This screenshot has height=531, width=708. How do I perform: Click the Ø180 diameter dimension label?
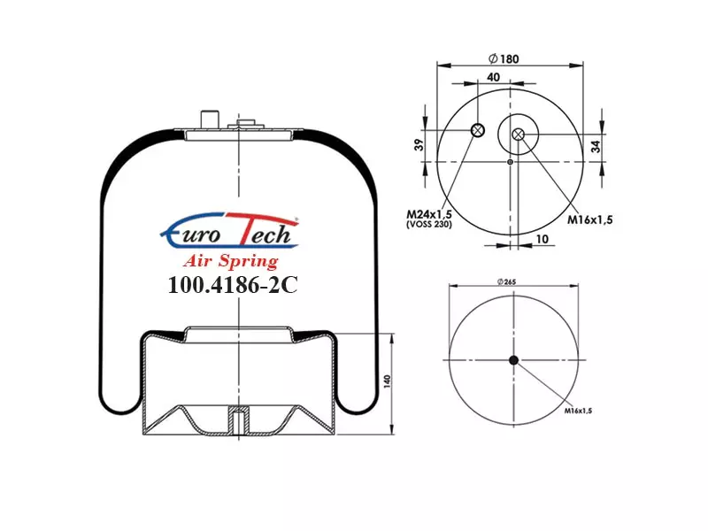point(504,58)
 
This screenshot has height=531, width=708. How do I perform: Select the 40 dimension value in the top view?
point(494,77)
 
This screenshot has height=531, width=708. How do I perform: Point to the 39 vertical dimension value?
point(419,145)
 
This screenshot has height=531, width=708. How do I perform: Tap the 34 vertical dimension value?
point(596,146)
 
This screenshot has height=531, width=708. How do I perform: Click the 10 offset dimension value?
point(542,238)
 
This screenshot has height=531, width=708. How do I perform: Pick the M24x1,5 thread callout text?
point(429,213)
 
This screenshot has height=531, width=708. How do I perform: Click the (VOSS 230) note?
point(429,224)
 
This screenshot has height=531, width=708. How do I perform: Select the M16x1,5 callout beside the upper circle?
point(589,219)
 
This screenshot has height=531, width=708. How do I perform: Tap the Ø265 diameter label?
point(506,281)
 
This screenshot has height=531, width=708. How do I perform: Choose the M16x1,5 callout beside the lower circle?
point(578,411)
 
